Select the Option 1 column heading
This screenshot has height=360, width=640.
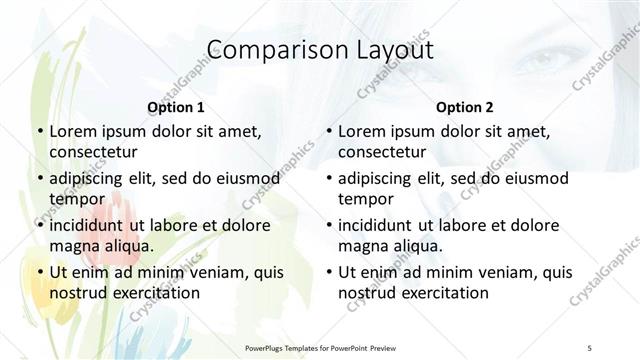(176, 107)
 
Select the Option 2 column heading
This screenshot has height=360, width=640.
(465, 107)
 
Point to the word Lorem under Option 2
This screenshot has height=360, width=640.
(361, 131)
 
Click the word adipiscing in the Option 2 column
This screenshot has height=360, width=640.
(382, 178)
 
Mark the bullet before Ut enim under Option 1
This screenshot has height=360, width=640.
(39, 272)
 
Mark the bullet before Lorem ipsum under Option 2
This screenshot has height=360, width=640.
(328, 131)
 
